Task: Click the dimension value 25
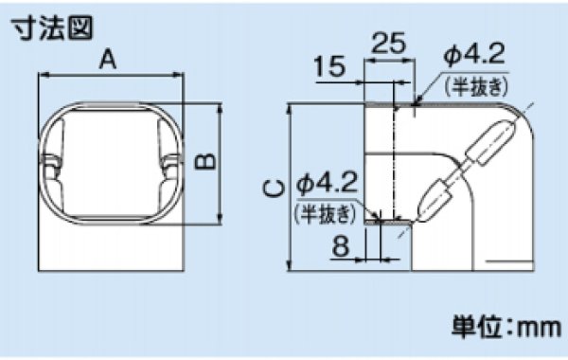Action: click(389, 44)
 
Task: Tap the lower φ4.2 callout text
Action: click(327, 181)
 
